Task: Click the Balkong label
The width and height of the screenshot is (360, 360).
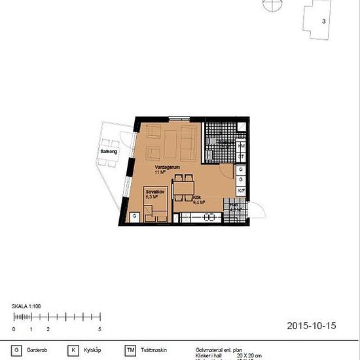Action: click(x=108, y=152)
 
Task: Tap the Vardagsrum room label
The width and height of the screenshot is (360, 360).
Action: click(x=164, y=168)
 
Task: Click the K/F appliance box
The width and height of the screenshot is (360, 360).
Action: click(x=241, y=191)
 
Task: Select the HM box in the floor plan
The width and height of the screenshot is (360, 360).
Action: click(x=241, y=145)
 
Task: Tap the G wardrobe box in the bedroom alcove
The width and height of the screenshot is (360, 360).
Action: click(x=135, y=216)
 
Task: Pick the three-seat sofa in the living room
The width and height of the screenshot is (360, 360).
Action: click(x=189, y=142)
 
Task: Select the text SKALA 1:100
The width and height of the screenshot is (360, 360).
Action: click(x=27, y=306)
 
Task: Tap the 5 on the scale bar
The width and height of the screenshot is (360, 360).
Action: click(x=99, y=329)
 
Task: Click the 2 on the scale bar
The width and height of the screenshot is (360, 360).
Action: click(x=48, y=329)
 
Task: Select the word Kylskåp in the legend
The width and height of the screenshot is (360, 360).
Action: click(x=90, y=350)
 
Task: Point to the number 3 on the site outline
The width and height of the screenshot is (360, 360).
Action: click(x=323, y=21)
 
